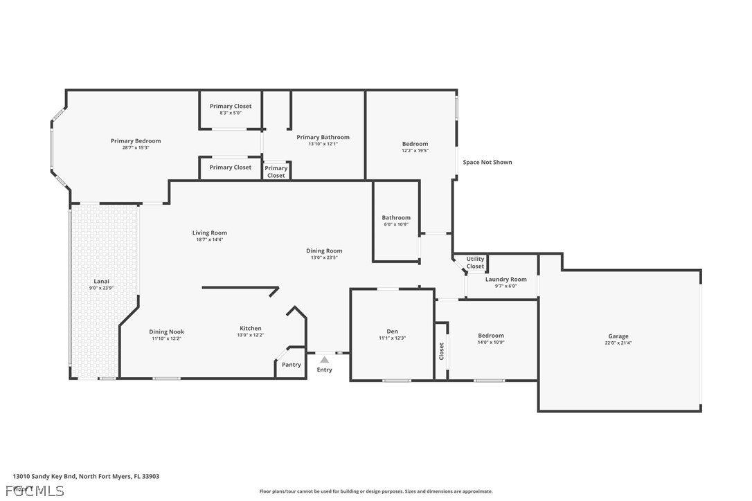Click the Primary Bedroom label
(136, 141)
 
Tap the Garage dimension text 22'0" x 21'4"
(618, 343)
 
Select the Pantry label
(292, 365)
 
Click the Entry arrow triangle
(324, 359)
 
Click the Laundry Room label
(505, 280)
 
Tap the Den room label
(392, 331)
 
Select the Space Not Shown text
(487, 162)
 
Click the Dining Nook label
(166, 331)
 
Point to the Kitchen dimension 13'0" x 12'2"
(251, 335)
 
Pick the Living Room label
(210, 233)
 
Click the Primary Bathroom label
(323, 137)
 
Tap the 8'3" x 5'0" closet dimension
(231, 113)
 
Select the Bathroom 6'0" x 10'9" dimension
(396, 224)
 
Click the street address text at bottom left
(86, 476)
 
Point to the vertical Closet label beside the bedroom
(441, 352)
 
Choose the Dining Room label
(324, 250)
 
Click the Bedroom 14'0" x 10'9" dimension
(491, 342)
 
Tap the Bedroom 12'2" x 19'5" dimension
(415, 150)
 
